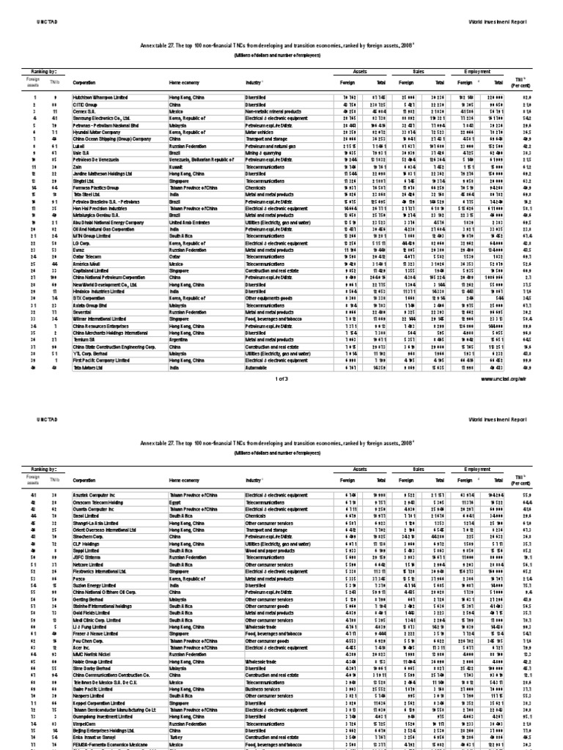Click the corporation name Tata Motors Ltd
[x=87, y=368]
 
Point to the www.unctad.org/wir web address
[x=504, y=380]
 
